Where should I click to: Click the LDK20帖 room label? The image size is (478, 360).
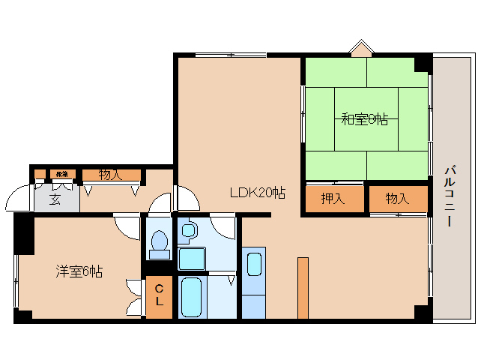pyautogui.click(x=257, y=192)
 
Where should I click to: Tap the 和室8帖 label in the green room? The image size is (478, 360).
pyautogui.click(x=364, y=118)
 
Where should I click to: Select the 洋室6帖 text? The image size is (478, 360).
pyautogui.click(x=78, y=271)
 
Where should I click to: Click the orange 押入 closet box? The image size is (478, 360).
pyautogui.click(x=332, y=199)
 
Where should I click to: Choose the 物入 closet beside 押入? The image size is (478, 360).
pyautogui.click(x=397, y=199)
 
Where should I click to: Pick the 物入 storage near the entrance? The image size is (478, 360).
pyautogui.click(x=111, y=175)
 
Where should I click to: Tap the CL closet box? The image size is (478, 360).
pyautogui.click(x=159, y=296)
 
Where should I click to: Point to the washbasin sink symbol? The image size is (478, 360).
pyautogui.click(x=188, y=230)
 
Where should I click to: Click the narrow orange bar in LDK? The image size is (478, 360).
pyautogui.click(x=303, y=288)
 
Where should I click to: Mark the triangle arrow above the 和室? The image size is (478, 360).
pyautogui.click(x=362, y=49)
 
